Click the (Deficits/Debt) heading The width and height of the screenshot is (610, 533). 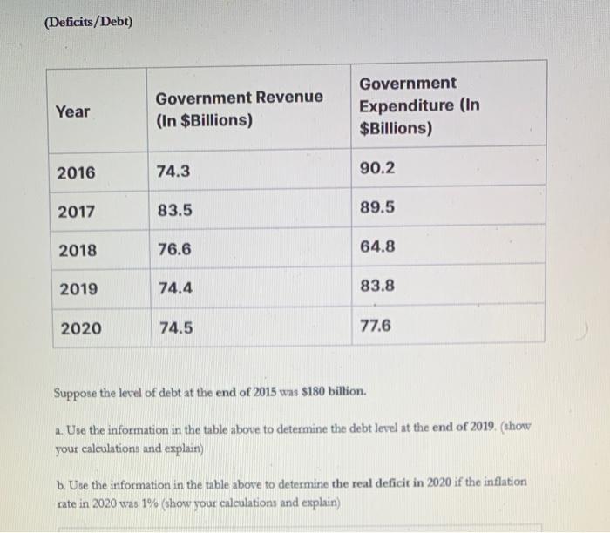87,21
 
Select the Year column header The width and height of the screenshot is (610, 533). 72,111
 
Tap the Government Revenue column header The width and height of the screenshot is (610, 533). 239,109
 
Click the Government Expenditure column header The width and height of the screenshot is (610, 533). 419,105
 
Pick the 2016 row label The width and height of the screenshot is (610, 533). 77,172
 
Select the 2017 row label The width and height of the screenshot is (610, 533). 77,212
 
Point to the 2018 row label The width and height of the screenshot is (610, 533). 78,251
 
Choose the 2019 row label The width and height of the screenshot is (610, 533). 78,289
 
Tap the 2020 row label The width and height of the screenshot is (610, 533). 80,328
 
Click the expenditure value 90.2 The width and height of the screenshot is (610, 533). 377,168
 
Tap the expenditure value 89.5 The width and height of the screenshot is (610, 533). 377,207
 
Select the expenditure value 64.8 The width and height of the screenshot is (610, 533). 377,246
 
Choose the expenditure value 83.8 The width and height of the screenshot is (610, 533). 376,286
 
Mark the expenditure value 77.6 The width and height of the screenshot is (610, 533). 376,326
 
